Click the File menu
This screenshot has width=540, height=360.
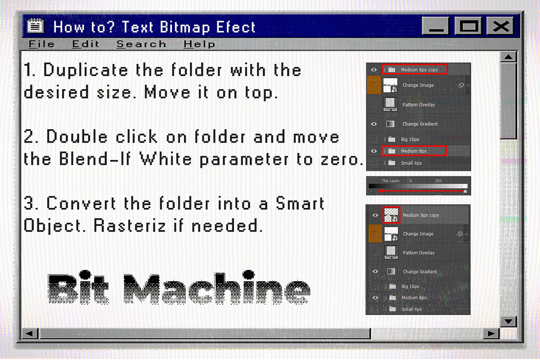point(41,44)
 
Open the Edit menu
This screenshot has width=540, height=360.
point(85,44)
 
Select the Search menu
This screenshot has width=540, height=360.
point(141,44)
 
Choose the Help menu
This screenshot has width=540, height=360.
point(199,44)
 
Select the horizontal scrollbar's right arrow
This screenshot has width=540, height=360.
point(491,333)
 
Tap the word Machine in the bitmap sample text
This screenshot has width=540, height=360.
point(216,288)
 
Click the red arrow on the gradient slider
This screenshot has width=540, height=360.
point(419,191)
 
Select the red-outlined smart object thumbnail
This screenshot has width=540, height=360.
point(391,215)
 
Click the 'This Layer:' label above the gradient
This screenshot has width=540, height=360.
point(391,180)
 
